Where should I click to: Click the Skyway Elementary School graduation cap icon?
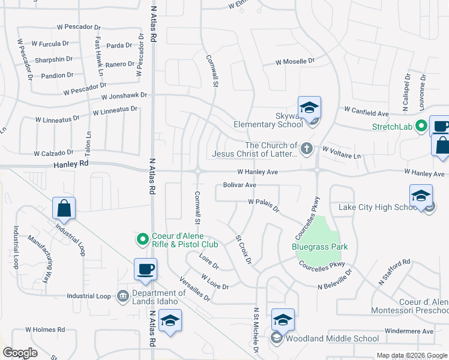click(310, 108)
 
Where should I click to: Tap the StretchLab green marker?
click(421, 126)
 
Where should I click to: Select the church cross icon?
click(307, 148)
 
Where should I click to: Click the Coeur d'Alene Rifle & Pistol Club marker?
click(143, 240)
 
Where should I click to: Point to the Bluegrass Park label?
click(320, 247)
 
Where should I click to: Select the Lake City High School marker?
click(421, 196)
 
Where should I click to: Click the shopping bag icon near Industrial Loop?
click(64, 209)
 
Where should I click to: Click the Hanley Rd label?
click(71, 163)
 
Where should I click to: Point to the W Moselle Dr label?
click(295, 61)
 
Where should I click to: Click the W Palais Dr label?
click(264, 205)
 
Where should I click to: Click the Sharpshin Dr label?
click(54, 59)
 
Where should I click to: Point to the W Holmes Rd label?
click(45, 329)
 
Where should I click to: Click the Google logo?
click(20, 353)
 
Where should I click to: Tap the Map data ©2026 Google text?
click(412, 355)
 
